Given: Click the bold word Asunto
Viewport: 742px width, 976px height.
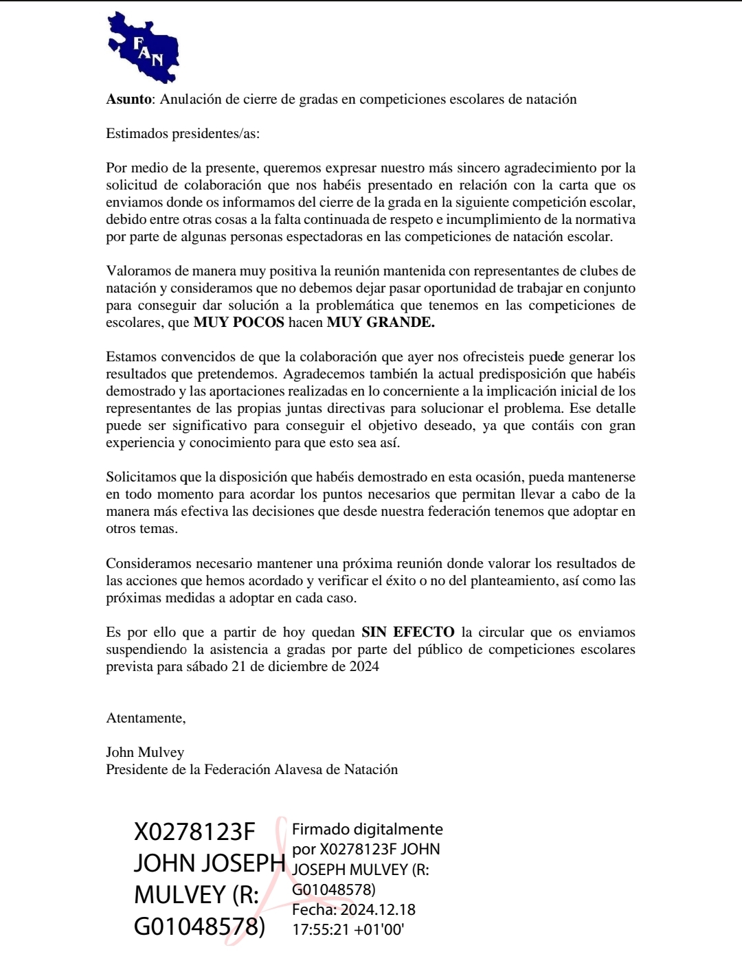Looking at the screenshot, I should click(x=128, y=99).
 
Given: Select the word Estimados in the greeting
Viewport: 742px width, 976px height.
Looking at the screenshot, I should click(x=137, y=133).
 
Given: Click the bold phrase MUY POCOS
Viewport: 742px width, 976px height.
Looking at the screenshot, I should click(x=238, y=322).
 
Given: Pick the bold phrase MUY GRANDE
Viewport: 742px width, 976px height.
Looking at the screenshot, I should click(x=381, y=322).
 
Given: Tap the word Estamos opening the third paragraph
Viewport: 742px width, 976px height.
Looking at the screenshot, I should click(x=131, y=356).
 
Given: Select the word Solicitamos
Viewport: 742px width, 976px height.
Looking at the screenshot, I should click(x=142, y=477).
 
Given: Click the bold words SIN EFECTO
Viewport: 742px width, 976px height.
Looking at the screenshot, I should click(x=408, y=632).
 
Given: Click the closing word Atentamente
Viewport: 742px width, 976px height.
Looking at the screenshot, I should click(x=146, y=718).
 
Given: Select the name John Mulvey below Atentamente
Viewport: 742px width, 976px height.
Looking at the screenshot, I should click(x=145, y=752).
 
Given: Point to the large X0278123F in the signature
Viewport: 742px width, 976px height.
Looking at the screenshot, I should click(x=194, y=832).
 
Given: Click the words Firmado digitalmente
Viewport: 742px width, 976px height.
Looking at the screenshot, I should click(x=368, y=829).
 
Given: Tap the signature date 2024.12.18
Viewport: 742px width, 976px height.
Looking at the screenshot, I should click(x=378, y=909).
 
